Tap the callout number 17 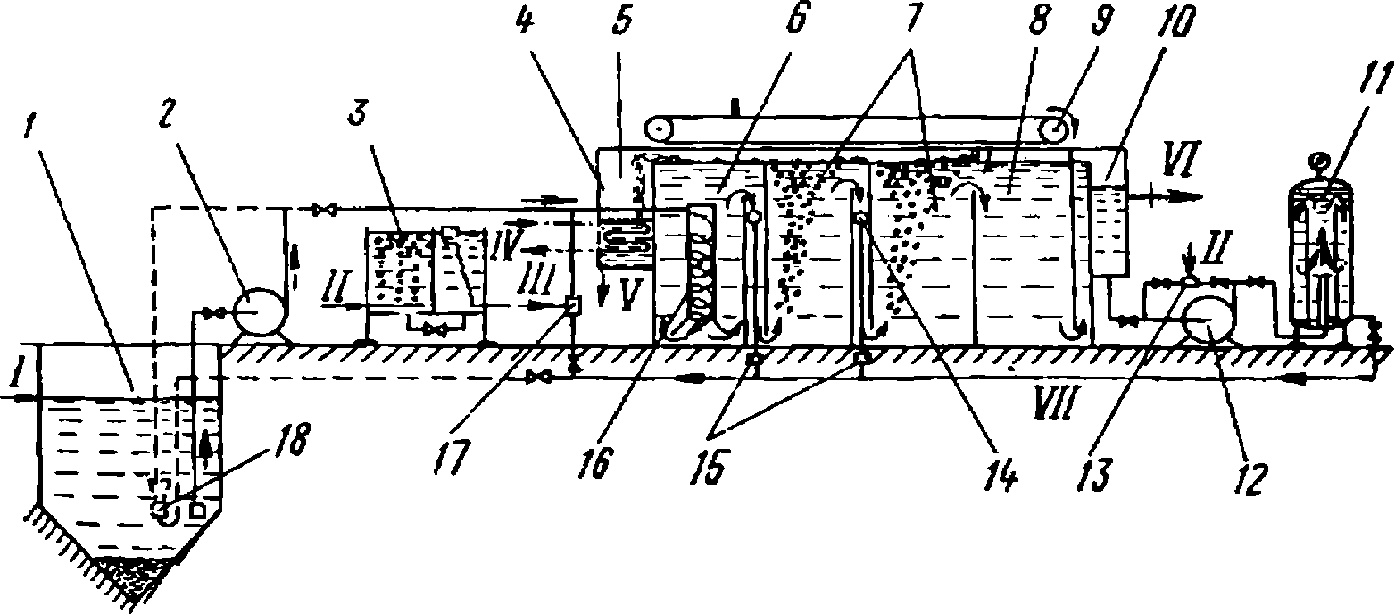(453, 458)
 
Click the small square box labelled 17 (572, 305)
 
